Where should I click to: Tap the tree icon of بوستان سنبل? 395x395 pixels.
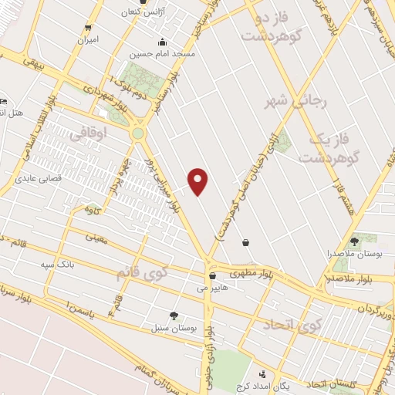coord(173,315)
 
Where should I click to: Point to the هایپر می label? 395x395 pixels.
coord(212,288)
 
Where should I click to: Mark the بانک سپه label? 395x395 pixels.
coord(59,265)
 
